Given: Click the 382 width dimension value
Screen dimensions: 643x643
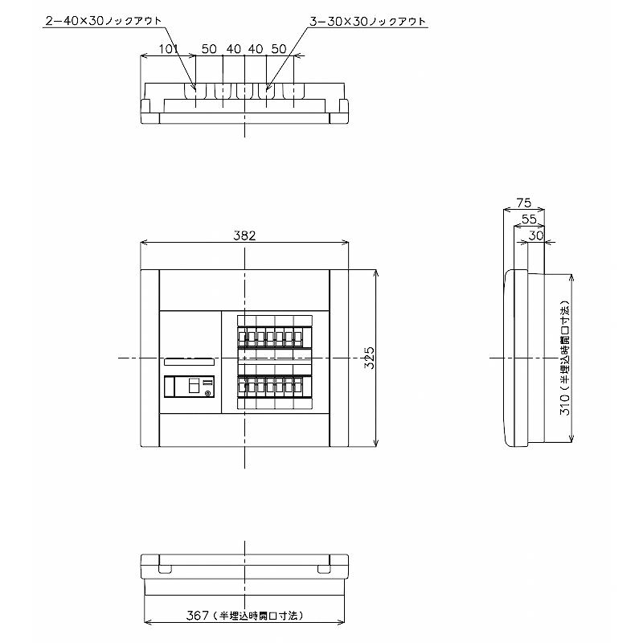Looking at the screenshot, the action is click(244, 235).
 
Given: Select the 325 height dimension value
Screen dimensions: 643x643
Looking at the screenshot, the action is click(370, 358).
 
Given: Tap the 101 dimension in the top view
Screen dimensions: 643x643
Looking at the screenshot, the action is click(169, 49).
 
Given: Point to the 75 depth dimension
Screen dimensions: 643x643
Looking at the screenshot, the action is click(524, 203).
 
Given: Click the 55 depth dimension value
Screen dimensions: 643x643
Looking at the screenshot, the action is click(529, 219).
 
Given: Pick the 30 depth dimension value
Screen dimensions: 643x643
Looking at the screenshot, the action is click(535, 235).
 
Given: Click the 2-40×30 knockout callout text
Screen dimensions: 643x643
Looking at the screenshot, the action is click(104, 21).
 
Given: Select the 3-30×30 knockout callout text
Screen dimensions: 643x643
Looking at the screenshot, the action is click(367, 22).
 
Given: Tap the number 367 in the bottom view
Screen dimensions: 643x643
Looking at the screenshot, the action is click(197, 615).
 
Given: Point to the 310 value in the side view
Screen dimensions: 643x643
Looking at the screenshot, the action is click(565, 405).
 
